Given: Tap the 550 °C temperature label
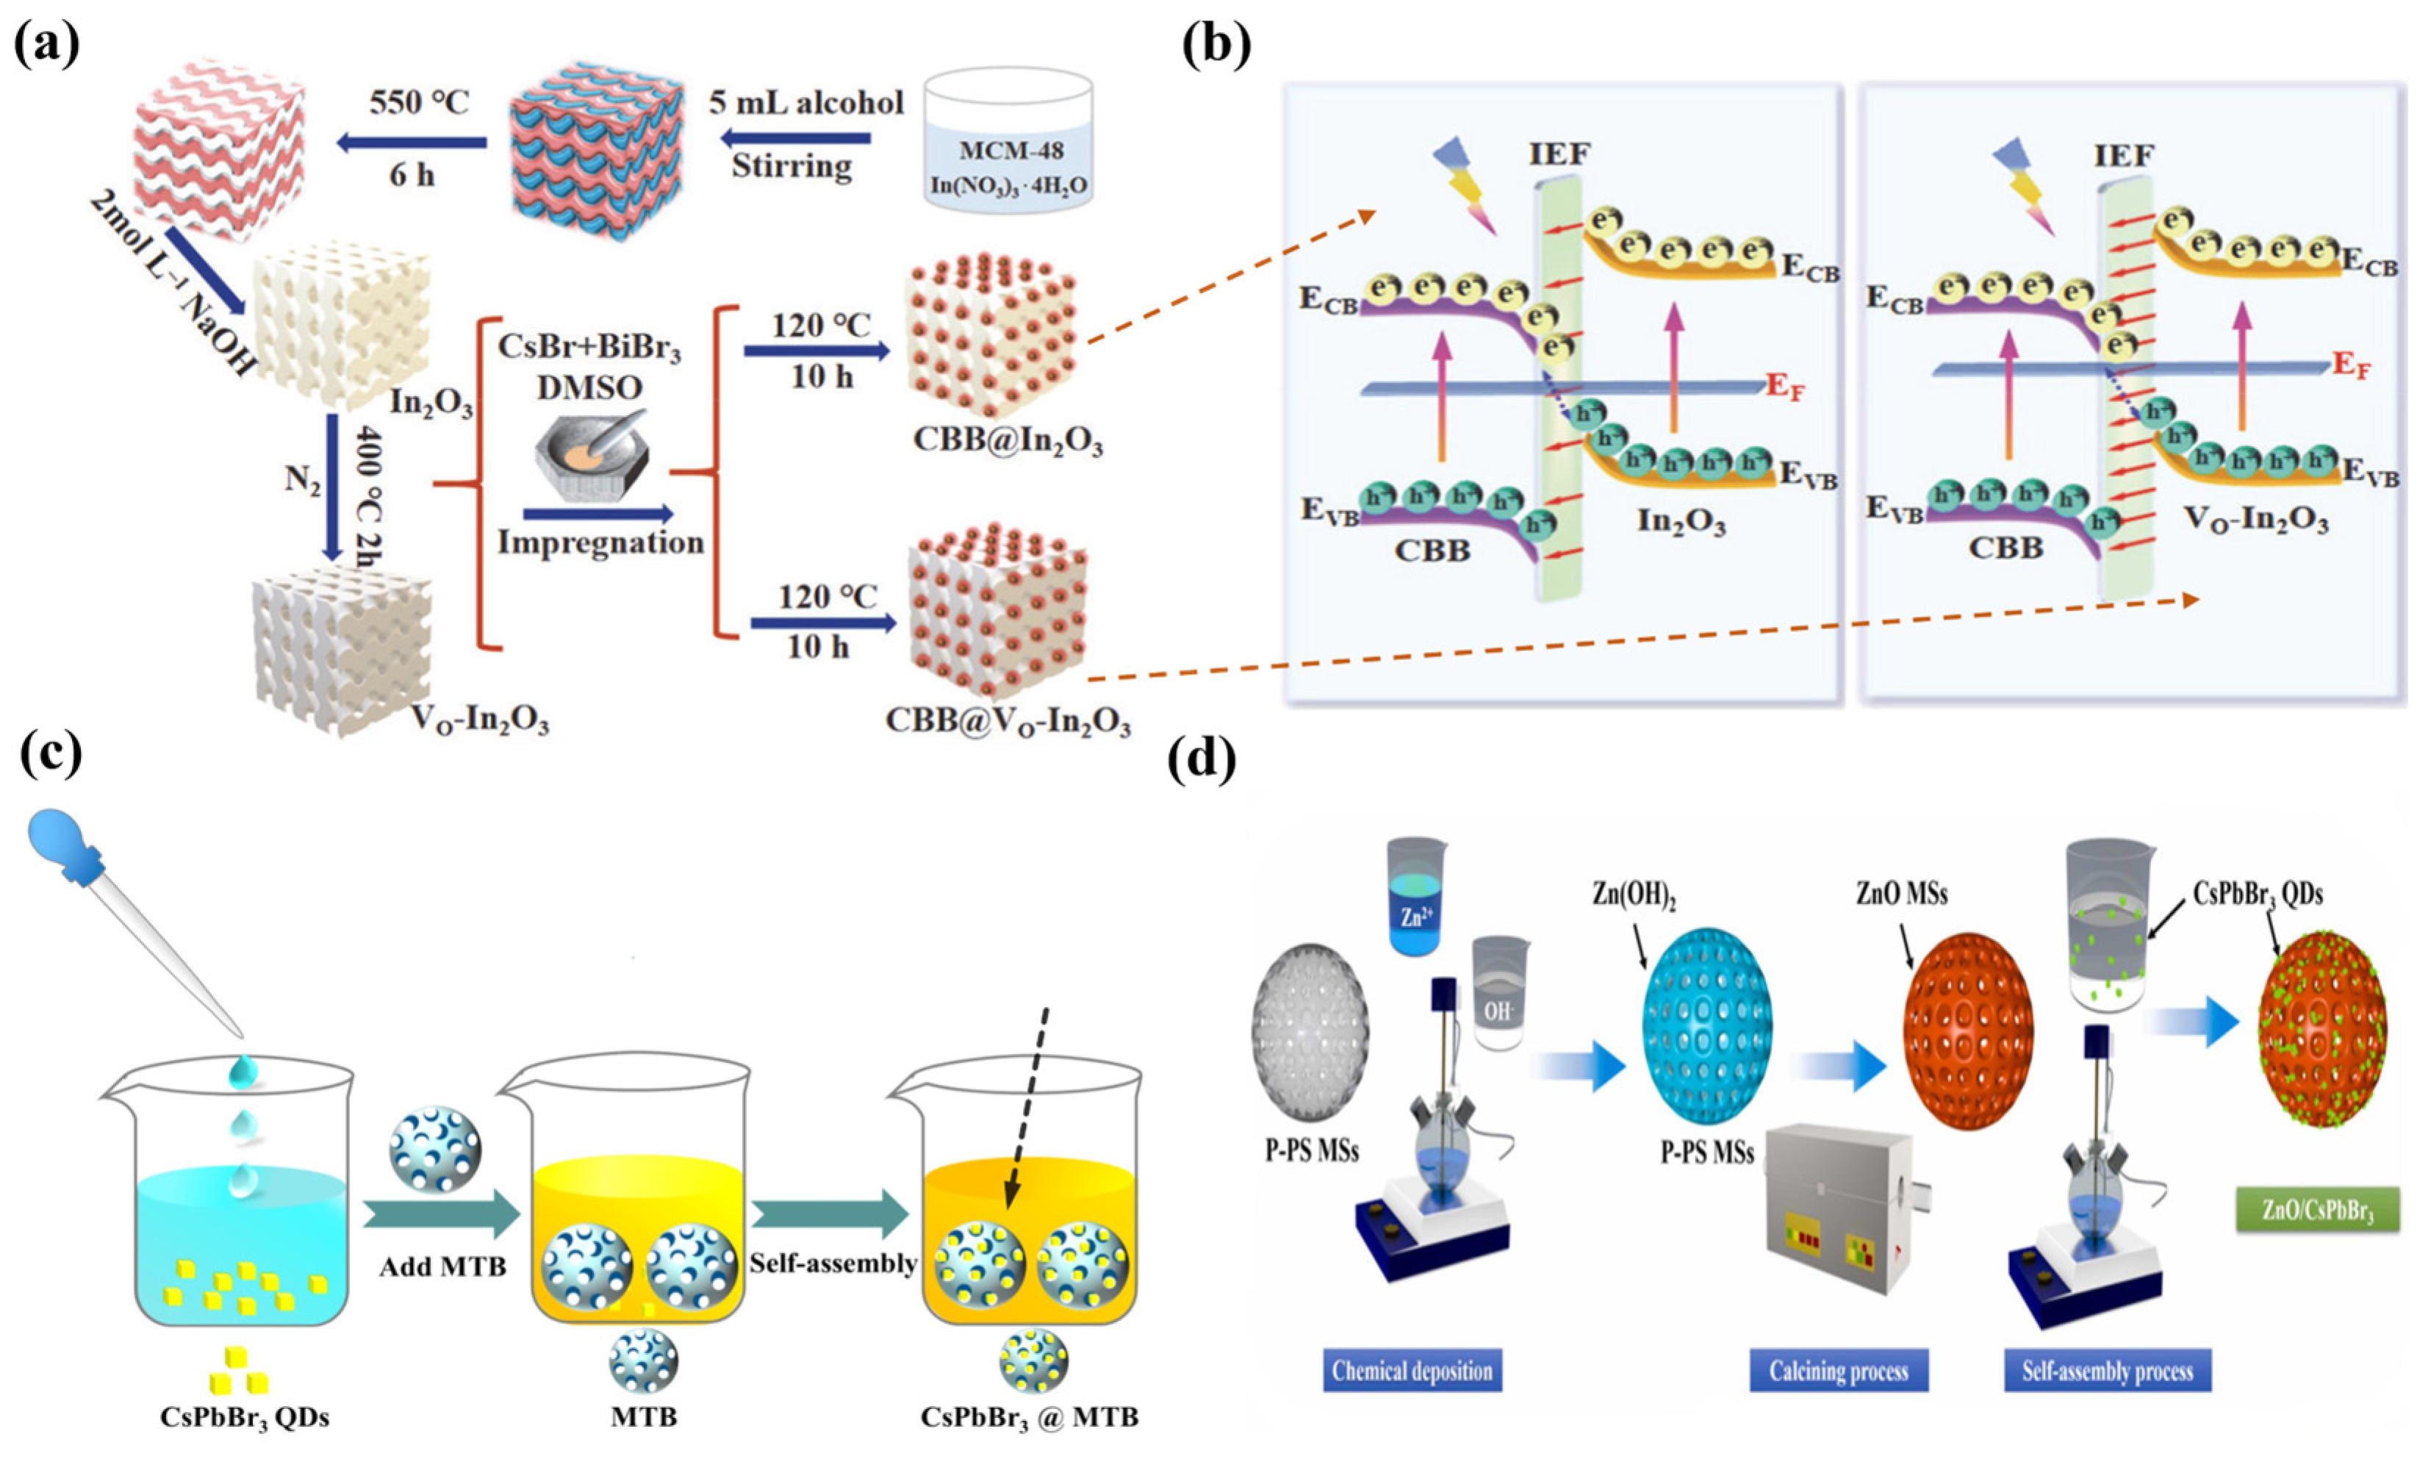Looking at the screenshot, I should coord(420,102).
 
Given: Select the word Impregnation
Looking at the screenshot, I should coord(600,542).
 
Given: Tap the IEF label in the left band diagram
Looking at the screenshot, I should coord(1559,154).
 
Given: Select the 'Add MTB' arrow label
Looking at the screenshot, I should coord(443,1266).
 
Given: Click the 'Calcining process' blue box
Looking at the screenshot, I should coord(1839,1371).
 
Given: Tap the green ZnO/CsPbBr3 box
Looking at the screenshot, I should coord(2317,1211).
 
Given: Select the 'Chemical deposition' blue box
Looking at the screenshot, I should coord(1412,1371).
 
